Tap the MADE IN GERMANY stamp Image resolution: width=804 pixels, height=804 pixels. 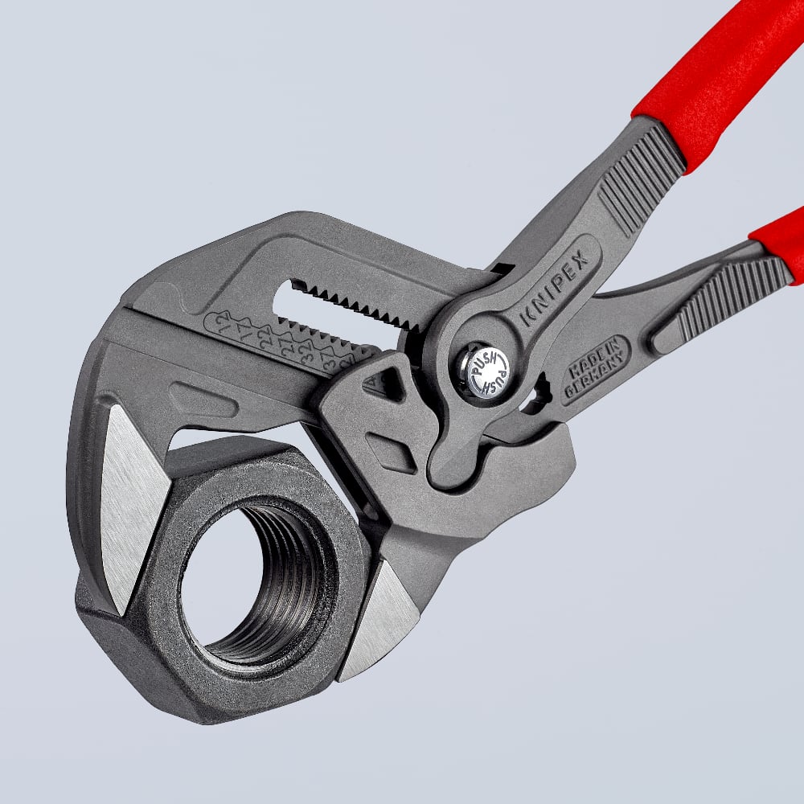pos(594,369)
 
